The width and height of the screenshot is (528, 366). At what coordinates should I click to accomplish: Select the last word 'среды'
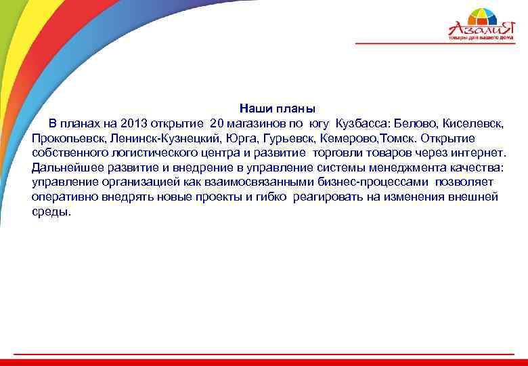51,211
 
